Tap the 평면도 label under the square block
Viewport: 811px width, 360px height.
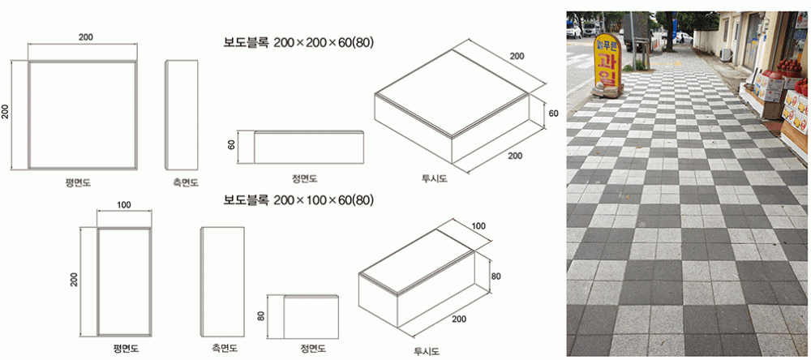point(78,183)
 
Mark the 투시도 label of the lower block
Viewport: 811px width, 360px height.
point(426,351)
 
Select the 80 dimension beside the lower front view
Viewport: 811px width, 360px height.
point(261,315)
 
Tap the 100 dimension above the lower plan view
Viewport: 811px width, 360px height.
point(123,205)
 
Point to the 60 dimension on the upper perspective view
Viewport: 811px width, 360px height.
point(553,114)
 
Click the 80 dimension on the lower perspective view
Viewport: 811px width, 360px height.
point(496,276)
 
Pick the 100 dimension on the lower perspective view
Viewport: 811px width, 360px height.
point(478,225)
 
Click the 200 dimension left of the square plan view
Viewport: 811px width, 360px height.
point(6,112)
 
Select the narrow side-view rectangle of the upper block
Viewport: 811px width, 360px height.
point(182,113)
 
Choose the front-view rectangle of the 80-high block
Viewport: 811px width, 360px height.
point(311,315)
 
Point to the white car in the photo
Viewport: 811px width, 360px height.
point(573,32)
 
